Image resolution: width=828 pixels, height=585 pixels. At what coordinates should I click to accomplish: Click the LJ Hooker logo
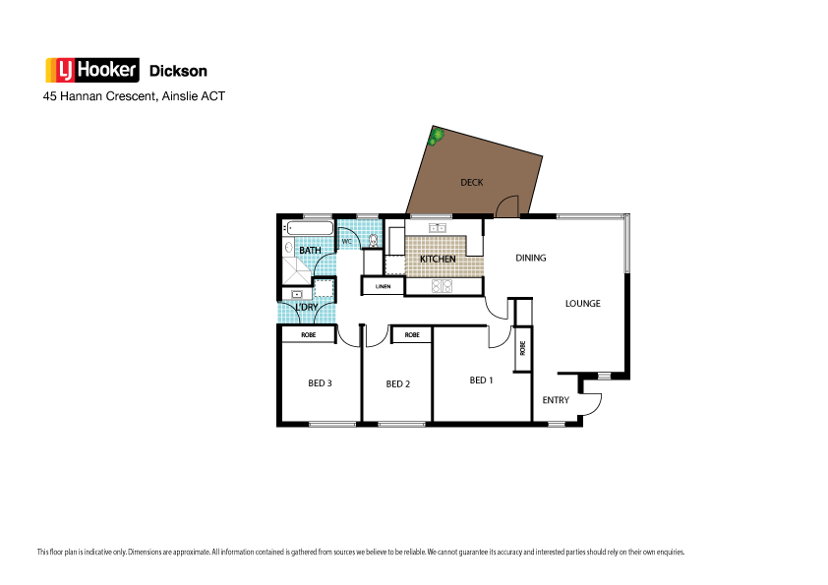point(92,70)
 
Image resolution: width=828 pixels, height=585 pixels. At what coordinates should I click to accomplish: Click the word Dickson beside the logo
point(177,71)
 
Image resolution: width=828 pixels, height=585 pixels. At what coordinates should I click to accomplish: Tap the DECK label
point(471,182)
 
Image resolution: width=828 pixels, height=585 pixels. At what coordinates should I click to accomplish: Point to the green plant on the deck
point(436,138)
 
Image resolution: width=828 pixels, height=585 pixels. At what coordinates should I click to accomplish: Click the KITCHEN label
point(438,259)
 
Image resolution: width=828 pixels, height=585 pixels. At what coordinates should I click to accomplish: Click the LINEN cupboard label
point(384,286)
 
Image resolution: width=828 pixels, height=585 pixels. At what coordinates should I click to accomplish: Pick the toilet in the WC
point(373,240)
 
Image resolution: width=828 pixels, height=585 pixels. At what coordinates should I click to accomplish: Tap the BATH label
point(310,251)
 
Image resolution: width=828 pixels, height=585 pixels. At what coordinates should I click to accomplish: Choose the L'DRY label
point(307,308)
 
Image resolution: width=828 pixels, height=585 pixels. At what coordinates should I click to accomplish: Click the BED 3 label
point(320,383)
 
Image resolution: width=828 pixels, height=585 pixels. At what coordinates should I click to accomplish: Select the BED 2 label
point(397,384)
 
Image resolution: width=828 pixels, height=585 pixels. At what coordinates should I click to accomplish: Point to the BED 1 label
point(481,380)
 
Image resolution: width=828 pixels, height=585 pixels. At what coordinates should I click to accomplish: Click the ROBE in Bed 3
point(309,335)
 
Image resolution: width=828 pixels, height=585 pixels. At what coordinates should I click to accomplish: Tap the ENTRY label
point(556,400)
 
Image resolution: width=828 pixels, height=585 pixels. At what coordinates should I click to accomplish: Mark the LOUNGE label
point(582,304)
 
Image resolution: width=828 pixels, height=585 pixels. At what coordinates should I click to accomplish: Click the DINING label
point(531,259)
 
